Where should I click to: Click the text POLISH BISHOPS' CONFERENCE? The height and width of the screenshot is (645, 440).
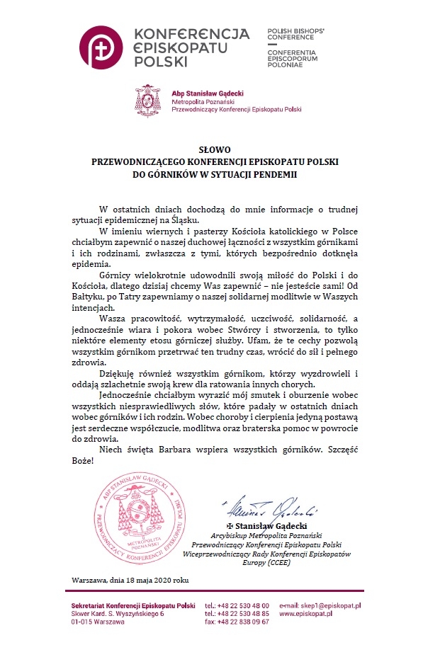point(295,36)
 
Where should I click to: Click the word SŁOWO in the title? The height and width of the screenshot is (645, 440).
point(215,150)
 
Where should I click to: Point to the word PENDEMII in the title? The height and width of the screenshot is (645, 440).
point(276,173)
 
